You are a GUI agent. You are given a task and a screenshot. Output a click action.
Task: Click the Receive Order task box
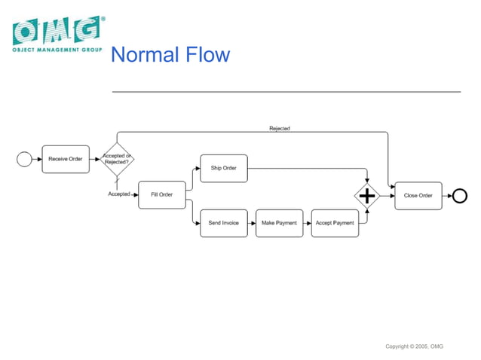(66, 159)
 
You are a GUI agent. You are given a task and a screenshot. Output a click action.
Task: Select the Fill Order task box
(161, 194)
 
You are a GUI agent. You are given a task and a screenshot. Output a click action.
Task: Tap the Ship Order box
(223, 168)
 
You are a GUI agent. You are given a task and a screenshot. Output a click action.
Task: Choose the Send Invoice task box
(223, 223)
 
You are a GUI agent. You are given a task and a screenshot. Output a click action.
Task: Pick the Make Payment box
(279, 223)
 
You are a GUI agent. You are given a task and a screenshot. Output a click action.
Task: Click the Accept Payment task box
(335, 223)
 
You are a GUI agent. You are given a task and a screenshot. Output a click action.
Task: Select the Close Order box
(418, 195)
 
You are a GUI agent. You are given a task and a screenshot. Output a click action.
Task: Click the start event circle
(24, 159)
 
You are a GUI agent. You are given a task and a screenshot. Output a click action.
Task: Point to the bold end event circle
(459, 195)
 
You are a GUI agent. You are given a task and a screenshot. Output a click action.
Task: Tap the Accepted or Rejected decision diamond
(116, 159)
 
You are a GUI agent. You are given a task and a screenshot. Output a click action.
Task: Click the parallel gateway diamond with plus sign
(367, 196)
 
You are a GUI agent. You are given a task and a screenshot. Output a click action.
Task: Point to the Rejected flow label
(280, 129)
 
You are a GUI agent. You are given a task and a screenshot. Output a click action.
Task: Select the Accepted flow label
(119, 194)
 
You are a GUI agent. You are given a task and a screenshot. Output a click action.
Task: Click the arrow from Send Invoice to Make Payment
(252, 223)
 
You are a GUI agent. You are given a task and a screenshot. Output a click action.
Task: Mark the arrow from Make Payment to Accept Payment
(307, 223)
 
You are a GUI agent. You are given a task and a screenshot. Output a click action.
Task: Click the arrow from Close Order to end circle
(446, 195)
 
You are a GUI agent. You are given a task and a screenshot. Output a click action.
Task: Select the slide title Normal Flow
(170, 55)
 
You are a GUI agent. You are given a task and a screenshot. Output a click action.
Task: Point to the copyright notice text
(414, 346)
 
